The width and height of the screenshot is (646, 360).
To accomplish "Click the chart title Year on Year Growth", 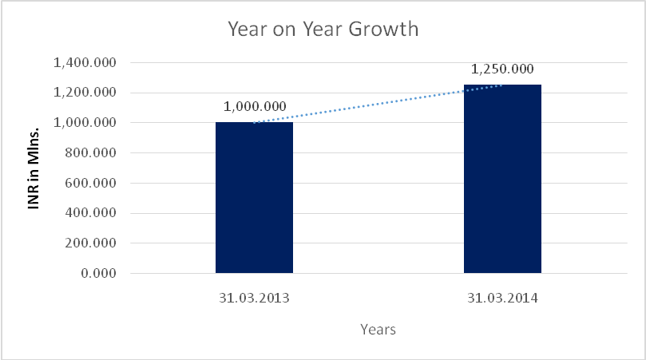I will tap(323, 30).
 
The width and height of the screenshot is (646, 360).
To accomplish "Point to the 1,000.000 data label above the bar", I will tap(254, 106).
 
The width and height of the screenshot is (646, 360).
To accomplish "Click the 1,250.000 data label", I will tap(502, 69).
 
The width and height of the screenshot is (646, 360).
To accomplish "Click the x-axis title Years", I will tap(378, 329).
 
